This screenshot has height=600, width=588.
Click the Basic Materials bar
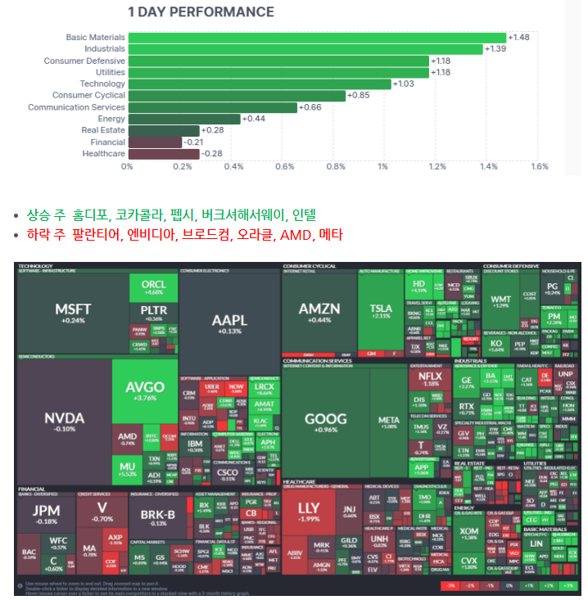tap(316, 38)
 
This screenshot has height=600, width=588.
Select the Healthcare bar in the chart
tap(163, 154)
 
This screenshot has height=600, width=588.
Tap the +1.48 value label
tap(518, 38)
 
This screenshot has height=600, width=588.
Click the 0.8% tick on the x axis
tap(336, 167)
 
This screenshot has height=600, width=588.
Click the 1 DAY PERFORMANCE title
tap(201, 12)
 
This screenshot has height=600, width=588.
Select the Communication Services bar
tap(211, 107)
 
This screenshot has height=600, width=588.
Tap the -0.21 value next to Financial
tap(194, 142)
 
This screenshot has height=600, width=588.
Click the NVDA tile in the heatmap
tap(64, 422)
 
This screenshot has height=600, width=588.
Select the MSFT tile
tap(73, 313)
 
